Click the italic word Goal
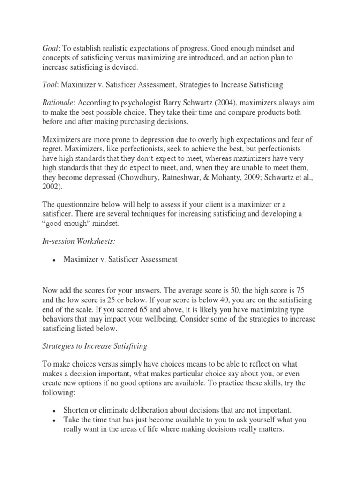point(51,48)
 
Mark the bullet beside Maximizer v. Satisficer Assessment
point(55,260)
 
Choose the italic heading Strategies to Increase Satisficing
point(95,346)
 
